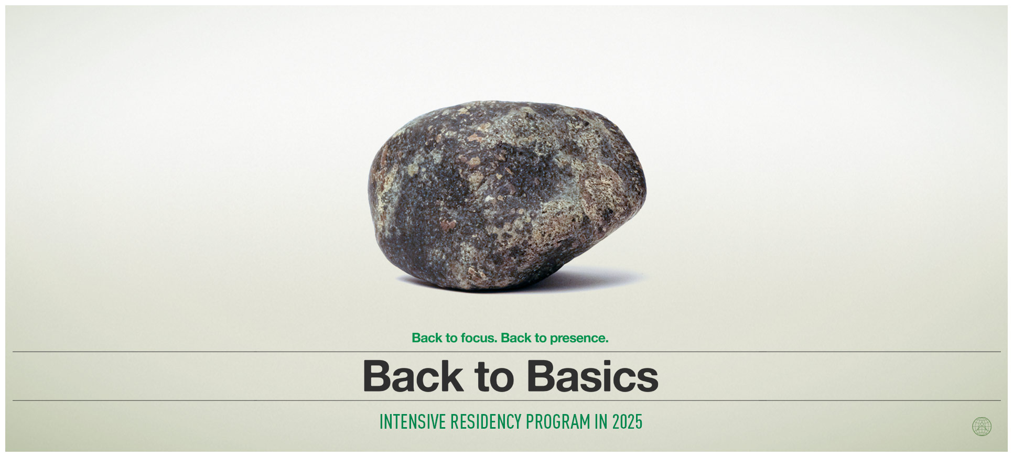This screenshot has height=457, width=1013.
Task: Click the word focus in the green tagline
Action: tap(479, 338)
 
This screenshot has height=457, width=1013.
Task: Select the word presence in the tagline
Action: tap(579, 339)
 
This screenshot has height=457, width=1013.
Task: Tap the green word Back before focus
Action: tap(427, 338)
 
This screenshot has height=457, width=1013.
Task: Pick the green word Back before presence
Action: tap(516, 338)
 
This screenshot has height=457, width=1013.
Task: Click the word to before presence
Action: tap(541, 339)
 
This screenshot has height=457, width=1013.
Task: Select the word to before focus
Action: tap(451, 339)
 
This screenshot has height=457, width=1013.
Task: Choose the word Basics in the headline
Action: tap(592, 376)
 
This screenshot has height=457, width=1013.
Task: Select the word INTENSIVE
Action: tap(413, 422)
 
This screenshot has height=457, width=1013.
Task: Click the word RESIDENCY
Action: tap(486, 422)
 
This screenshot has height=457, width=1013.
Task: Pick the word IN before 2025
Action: tap(601, 422)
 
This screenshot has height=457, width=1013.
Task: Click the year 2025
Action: tap(627, 422)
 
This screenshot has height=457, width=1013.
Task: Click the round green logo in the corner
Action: tap(982, 427)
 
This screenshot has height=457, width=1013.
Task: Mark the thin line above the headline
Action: tap(506, 352)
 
